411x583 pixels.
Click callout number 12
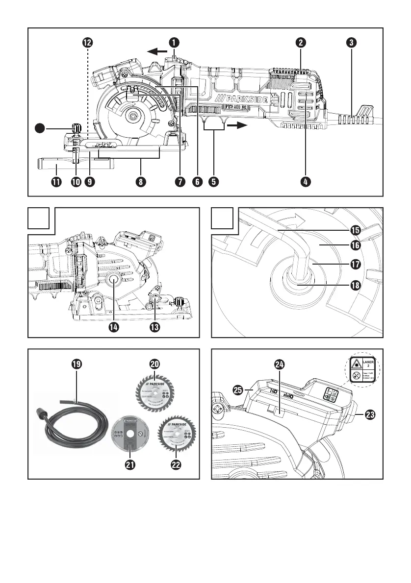[87, 43]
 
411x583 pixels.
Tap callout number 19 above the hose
[76, 364]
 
